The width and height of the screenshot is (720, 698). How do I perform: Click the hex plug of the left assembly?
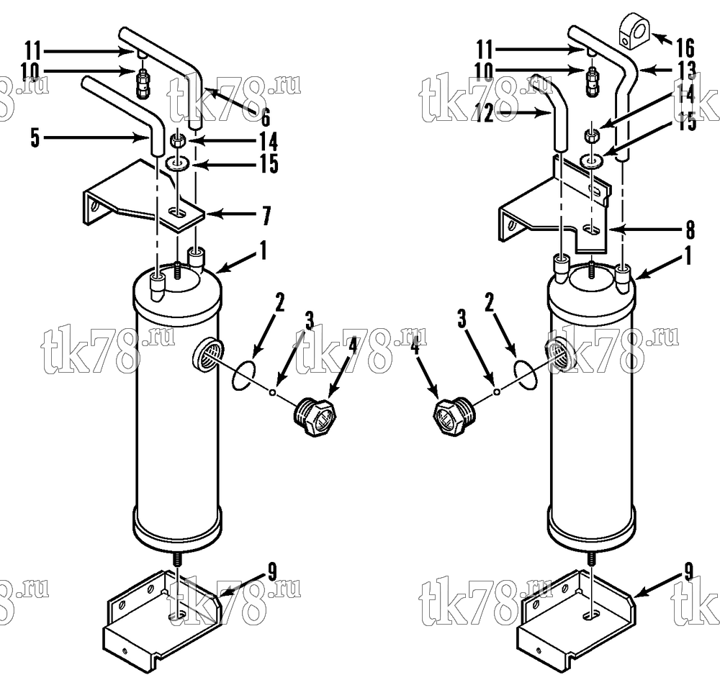tap(315, 417)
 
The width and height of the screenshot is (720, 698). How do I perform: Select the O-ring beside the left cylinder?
tap(243, 376)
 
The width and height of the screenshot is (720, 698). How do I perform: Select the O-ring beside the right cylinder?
tap(526, 373)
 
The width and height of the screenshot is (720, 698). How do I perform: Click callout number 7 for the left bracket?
tap(266, 215)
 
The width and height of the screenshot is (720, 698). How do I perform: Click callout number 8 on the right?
tap(690, 230)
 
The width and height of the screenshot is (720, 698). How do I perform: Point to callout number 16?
tap(685, 47)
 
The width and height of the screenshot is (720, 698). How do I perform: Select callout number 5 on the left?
tap(35, 137)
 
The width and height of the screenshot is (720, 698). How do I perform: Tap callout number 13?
tap(687, 71)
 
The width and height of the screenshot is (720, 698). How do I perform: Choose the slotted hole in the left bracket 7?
tap(177, 212)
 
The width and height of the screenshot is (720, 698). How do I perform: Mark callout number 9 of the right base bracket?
tap(689, 572)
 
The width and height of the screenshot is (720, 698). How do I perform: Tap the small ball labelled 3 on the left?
tap(272, 392)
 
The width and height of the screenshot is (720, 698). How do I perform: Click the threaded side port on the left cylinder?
tap(207, 353)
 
